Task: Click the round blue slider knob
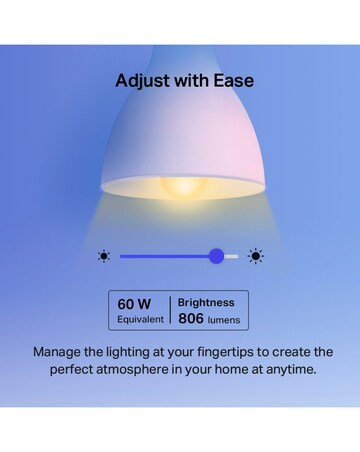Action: point(216,256)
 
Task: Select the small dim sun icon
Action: point(104,256)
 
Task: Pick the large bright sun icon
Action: point(256,256)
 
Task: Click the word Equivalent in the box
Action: point(139,319)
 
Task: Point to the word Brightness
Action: point(207,301)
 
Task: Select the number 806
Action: point(191,319)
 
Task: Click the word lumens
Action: point(224,320)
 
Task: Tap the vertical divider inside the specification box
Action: point(171,310)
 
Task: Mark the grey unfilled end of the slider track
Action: point(232,256)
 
